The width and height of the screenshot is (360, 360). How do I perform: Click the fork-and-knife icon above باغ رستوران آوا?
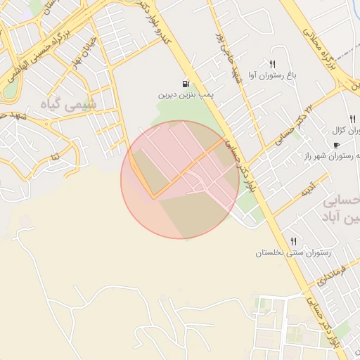(272, 64)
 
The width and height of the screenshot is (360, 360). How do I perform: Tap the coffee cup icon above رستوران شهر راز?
(336, 146)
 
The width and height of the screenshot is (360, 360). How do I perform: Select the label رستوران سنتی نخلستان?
(293, 252)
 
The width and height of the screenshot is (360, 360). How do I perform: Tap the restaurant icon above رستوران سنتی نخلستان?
(293, 241)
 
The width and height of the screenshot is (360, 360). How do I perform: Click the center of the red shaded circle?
(179, 179)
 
